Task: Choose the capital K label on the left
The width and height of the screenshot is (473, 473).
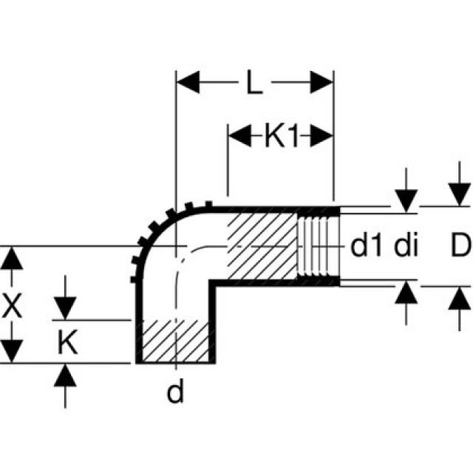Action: [67, 342]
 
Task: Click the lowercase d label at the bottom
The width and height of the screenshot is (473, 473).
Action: [174, 392]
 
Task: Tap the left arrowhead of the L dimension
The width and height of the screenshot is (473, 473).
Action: [186, 82]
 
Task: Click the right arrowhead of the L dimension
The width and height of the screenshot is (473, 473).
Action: [321, 82]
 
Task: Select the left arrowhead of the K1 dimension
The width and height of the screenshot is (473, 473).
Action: [238, 135]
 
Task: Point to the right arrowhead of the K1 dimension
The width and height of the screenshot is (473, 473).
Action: [322, 135]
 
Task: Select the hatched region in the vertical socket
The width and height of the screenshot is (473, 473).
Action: [174, 341]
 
